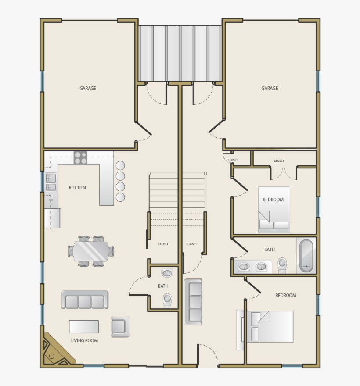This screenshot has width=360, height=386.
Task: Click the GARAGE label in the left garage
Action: (x=88, y=88)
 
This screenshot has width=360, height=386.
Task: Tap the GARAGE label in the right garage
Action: (x=270, y=88)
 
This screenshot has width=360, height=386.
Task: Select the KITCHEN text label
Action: (x=77, y=188)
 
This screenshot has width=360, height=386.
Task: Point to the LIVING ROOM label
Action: (x=84, y=340)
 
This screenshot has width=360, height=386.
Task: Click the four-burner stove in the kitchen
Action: (x=80, y=158)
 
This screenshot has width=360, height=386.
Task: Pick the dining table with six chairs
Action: (x=91, y=251)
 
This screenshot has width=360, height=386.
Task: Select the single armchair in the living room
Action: (x=120, y=326)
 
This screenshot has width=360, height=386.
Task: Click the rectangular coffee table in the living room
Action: (x=84, y=327)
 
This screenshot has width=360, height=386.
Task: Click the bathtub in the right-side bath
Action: (x=306, y=256)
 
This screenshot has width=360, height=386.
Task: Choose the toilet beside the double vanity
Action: (x=282, y=264)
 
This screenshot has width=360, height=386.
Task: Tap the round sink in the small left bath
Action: (x=167, y=273)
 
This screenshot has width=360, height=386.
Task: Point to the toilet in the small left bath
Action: (x=167, y=300)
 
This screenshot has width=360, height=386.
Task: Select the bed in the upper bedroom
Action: (x=274, y=210)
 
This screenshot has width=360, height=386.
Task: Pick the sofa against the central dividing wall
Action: (x=194, y=302)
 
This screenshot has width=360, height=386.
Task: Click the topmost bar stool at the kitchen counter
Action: (x=120, y=166)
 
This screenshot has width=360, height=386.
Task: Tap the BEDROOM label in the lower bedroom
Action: (x=285, y=295)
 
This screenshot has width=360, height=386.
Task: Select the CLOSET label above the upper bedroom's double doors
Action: (x=279, y=161)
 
